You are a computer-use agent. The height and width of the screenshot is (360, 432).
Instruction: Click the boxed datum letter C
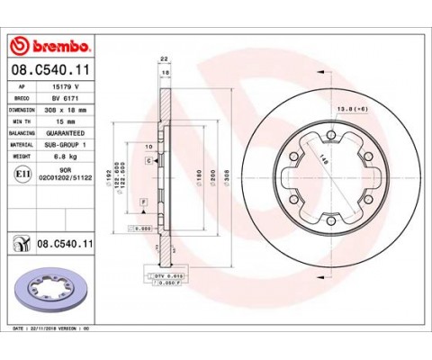point(147,158)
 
